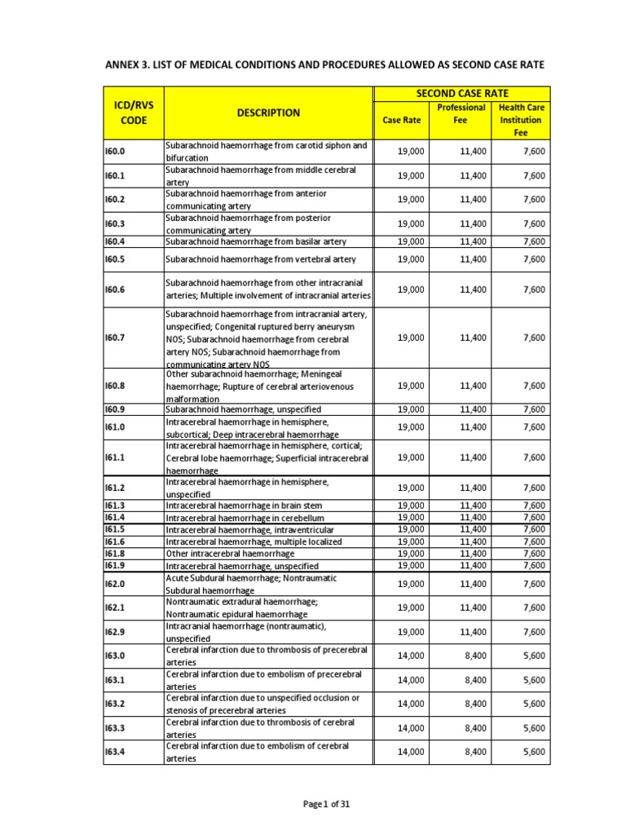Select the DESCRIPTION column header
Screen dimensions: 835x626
point(268,113)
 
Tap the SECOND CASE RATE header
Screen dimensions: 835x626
point(462,94)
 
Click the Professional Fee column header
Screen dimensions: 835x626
point(461,113)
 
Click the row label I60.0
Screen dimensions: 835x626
point(115,152)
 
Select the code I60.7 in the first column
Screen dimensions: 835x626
point(115,338)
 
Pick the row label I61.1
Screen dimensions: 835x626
point(115,458)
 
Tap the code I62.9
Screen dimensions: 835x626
point(115,631)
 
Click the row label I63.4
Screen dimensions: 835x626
point(115,752)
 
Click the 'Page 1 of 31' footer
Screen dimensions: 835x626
point(326,804)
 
